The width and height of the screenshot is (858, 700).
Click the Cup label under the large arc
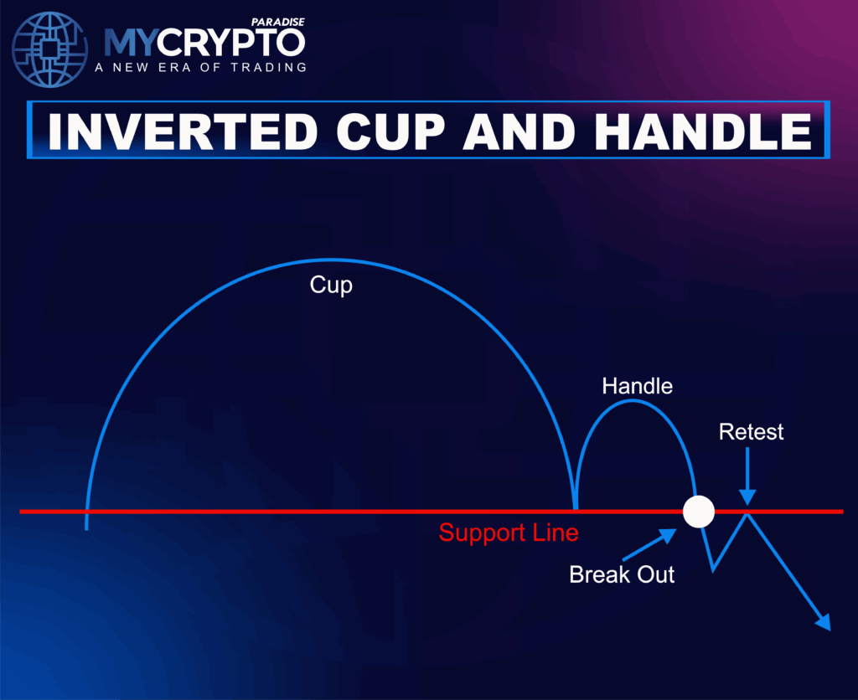click(x=331, y=285)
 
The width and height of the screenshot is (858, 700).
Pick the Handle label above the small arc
click(x=637, y=386)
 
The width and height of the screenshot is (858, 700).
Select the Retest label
click(x=751, y=432)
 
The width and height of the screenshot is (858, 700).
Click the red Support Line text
click(x=508, y=533)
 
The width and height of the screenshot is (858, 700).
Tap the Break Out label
click(x=622, y=574)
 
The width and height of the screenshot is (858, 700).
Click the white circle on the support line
click(x=698, y=511)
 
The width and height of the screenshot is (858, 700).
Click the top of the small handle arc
click(x=634, y=401)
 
